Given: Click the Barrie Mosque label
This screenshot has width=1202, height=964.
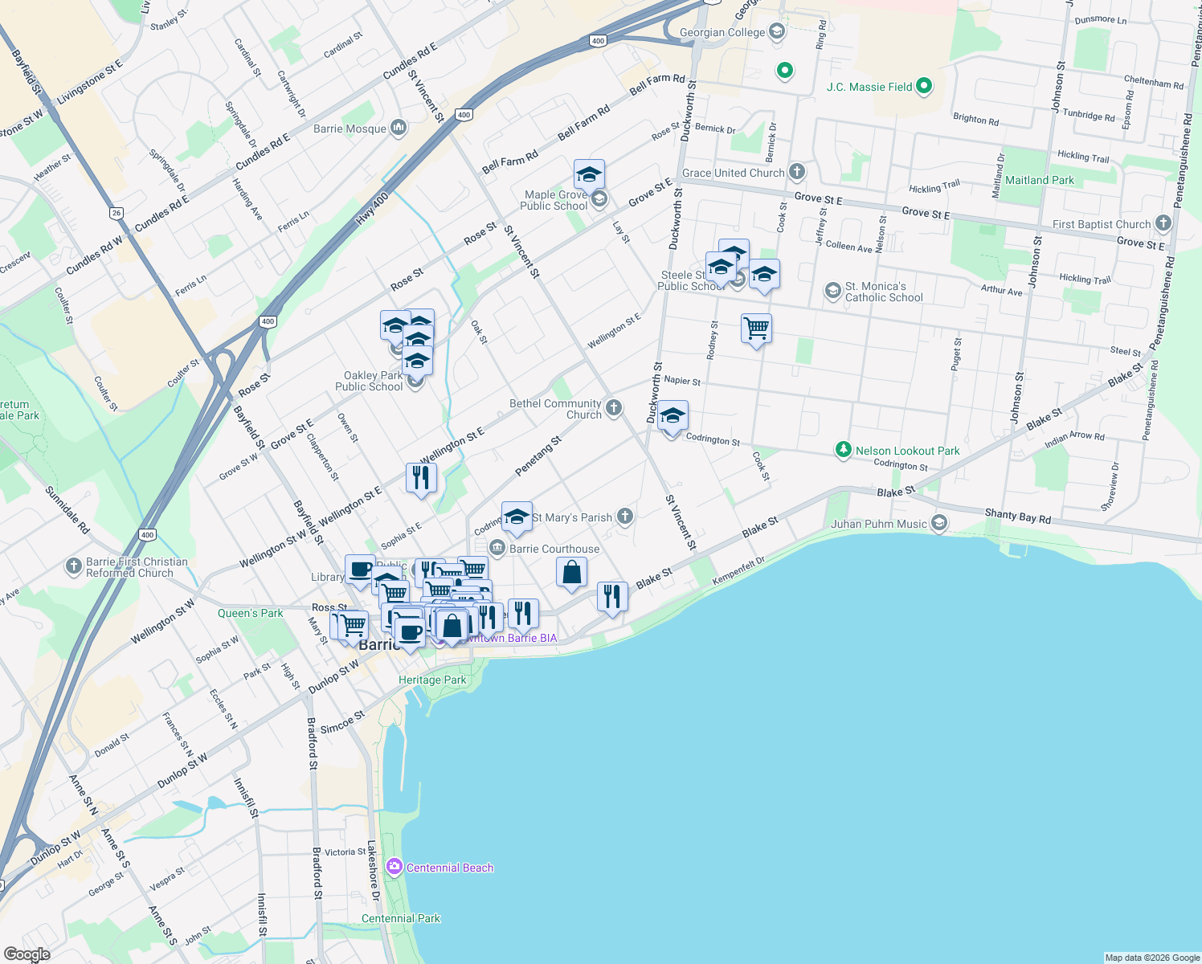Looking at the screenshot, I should coord(350,129).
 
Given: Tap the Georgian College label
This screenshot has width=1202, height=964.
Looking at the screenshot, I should coord(722,33).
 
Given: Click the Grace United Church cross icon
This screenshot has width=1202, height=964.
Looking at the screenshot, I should coord(796,172).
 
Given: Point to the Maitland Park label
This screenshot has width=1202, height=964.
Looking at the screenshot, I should coord(1039,180).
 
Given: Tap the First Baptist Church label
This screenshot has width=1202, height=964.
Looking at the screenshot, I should coord(1102,224).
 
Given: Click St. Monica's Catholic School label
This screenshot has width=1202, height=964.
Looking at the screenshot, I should coord(883,292).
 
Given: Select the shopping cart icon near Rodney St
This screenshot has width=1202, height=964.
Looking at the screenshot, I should coord(756,329).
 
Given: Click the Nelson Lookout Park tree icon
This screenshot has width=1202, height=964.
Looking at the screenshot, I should coord(843,450).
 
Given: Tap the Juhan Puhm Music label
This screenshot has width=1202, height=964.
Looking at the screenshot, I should coord(879,524).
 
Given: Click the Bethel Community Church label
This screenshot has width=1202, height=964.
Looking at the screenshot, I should coord(555,409).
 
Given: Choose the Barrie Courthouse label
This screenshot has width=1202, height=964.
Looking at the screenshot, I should coord(554,549).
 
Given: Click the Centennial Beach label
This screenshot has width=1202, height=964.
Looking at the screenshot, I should coord(449,868).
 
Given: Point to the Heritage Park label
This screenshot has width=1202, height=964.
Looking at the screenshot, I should coord(432,680).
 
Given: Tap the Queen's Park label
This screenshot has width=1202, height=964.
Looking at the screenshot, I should coord(250,613).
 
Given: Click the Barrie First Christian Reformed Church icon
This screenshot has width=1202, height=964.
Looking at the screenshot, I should coord(74,567).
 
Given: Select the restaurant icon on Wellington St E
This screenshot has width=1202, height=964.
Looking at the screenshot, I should coord(421,478).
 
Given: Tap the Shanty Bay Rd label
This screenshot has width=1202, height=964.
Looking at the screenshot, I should coord(1017,516).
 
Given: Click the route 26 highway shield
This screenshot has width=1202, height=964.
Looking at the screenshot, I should coord(117,213).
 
